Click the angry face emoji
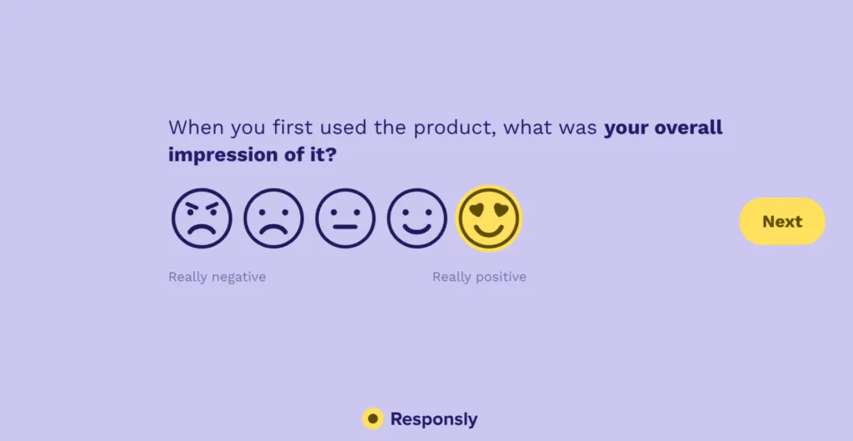point(202,219)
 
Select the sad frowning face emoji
point(273,219)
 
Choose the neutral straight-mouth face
point(345,219)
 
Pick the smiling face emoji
point(417,219)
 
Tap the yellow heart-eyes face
point(489,219)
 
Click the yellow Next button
point(782,222)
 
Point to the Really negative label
point(217,277)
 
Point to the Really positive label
point(479,277)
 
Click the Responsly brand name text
point(434,419)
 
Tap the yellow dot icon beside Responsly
point(373,418)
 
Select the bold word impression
point(221,155)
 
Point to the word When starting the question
point(192,128)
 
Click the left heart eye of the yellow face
point(479,209)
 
